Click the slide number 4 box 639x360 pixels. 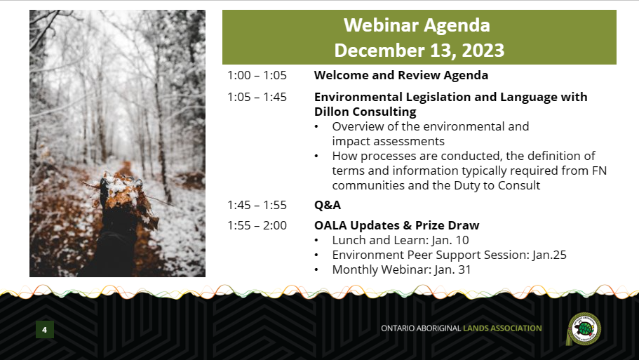44,329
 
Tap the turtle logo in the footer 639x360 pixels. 584,328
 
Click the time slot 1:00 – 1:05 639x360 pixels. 257,75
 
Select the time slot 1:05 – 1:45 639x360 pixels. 257,97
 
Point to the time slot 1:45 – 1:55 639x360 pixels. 257,205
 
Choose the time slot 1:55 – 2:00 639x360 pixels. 257,225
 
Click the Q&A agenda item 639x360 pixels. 328,205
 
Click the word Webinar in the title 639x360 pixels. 379,25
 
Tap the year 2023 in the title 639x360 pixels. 483,51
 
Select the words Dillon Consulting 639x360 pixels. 365,112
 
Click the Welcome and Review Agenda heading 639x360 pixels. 401,75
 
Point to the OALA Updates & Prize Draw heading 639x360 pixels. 396,225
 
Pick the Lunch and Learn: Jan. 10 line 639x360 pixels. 401,240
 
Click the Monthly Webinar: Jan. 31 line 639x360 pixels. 401,269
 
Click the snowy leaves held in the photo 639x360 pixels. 122,194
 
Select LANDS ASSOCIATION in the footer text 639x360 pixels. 502,328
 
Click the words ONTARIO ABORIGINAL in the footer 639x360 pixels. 421,328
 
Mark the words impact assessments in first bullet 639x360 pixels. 388,142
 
